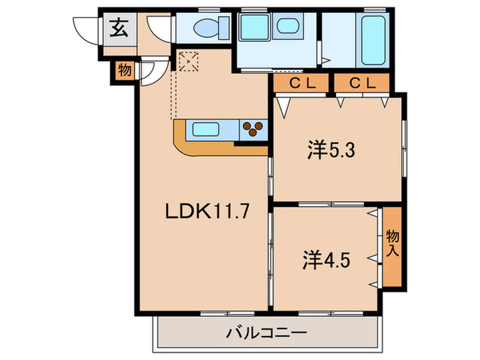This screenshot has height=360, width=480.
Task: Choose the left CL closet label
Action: tap(301, 83)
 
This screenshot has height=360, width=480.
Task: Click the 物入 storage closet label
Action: tap(392, 245)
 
